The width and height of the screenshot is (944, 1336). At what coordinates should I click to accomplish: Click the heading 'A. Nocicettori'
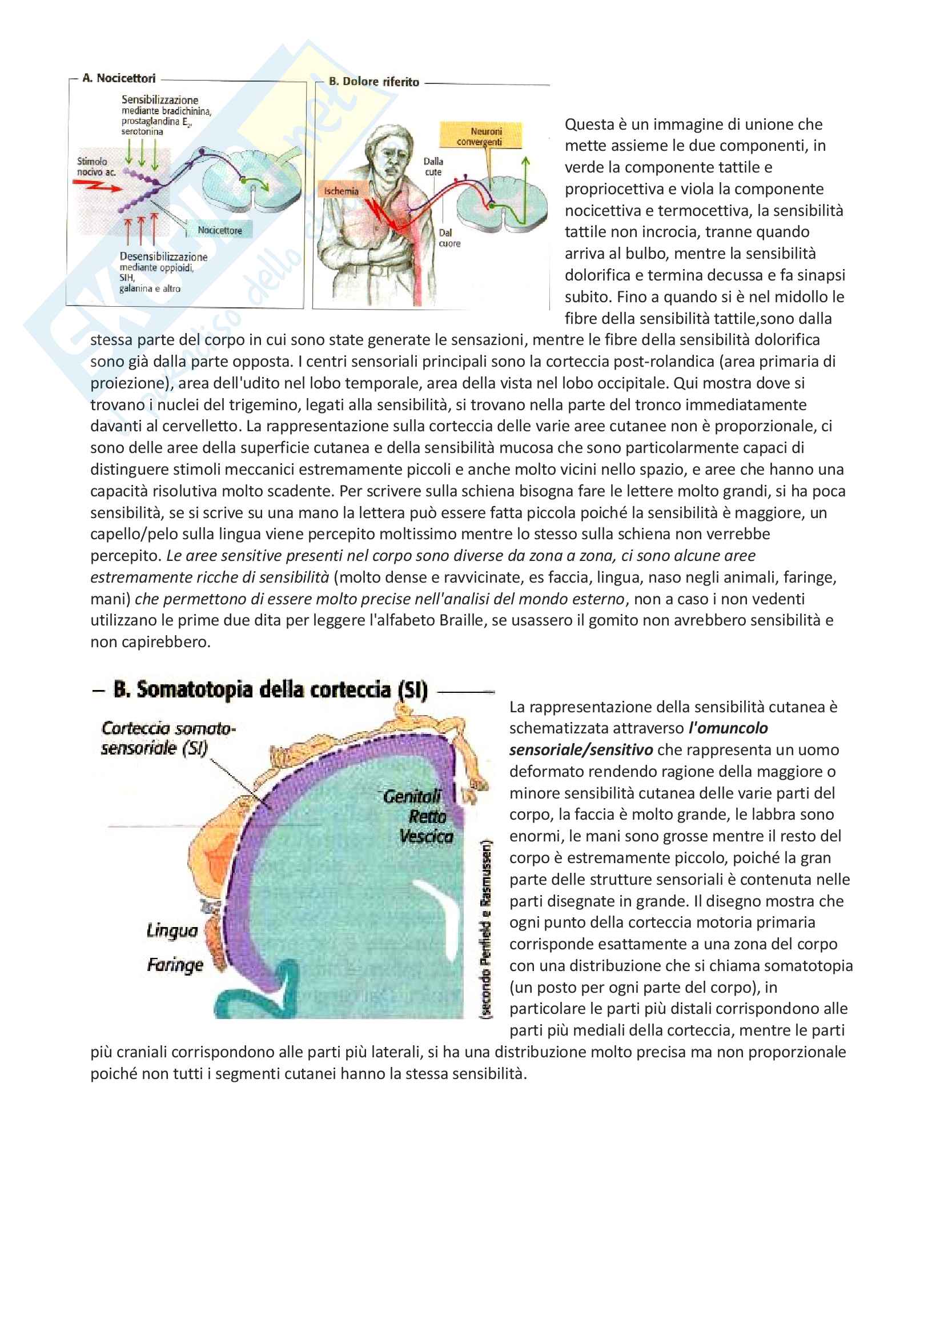coord(119,78)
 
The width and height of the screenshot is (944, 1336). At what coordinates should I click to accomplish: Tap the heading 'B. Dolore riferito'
coord(373,82)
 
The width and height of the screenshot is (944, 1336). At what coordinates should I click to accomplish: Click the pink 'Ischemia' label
coord(341,191)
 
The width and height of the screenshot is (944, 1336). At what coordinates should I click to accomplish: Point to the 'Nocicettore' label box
coord(219,230)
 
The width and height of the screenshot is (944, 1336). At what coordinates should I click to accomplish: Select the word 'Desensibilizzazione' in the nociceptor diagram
coord(163,256)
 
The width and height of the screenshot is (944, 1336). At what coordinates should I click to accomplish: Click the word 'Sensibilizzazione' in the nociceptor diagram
coord(159,100)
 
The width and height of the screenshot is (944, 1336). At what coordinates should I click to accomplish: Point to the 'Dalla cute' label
coord(433,166)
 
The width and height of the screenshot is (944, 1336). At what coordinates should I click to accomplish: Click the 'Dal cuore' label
coord(449,238)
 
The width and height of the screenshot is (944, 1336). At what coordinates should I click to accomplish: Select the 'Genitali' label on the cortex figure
coord(412,796)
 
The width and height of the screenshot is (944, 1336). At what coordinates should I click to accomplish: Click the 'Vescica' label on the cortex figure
coord(426,836)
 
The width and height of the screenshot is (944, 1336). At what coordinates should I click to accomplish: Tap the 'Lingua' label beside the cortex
coord(172,930)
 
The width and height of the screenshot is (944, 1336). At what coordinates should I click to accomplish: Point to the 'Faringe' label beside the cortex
coord(175,965)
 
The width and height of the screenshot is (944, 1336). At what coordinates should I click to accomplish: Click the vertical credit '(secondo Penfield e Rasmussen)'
coord(485,928)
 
